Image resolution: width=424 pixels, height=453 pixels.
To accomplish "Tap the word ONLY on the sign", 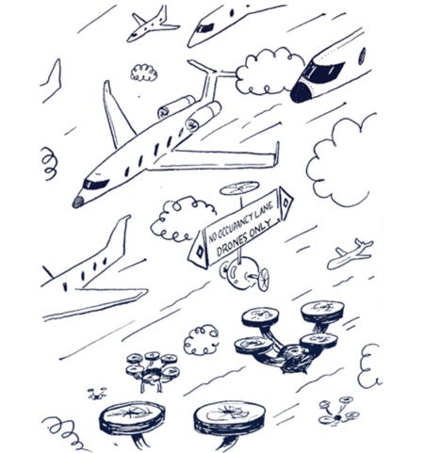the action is click(259, 227).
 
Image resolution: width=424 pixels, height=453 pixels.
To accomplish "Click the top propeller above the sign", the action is click(239, 187).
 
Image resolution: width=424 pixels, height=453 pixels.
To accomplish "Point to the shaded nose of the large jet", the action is click(78, 202).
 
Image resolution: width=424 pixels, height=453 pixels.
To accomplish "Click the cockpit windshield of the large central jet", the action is click(95, 184).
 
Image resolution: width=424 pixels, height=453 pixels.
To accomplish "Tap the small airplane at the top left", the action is click(152, 25).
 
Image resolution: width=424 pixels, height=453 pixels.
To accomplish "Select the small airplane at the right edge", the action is click(350, 254).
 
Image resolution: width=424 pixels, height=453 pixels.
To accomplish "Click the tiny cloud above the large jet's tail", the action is click(143, 73).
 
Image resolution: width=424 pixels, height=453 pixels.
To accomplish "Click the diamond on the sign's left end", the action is click(200, 251).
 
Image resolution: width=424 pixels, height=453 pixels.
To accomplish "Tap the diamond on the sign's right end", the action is click(285, 202).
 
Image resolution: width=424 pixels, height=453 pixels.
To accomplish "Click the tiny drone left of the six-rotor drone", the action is click(97, 394).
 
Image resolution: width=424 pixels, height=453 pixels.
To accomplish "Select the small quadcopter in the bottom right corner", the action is click(338, 412).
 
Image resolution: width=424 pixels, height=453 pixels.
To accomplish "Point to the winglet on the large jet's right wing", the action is click(277, 154).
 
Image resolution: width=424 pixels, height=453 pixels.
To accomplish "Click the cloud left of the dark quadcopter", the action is click(201, 340).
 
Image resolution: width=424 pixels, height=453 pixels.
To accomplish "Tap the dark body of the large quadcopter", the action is click(294, 358).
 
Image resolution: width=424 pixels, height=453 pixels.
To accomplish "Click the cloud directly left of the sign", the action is click(182, 219).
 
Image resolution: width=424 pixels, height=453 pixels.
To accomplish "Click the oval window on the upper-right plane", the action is click(362, 56).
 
